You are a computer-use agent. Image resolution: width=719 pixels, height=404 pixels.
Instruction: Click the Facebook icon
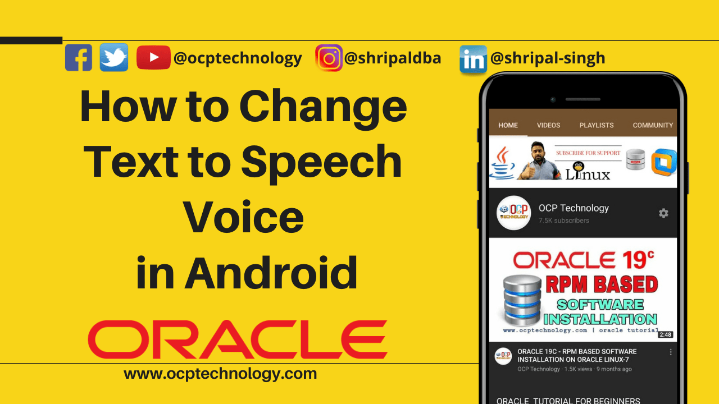click(79, 57)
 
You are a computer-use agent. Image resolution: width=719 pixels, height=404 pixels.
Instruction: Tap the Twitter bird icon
click(114, 57)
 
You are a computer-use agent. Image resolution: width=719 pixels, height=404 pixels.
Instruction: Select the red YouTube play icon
click(153, 57)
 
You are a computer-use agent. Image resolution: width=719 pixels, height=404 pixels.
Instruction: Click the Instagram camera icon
click(329, 58)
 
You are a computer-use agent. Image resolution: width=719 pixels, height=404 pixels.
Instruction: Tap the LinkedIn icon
click(473, 59)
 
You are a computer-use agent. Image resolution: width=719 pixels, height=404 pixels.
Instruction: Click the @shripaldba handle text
click(393, 58)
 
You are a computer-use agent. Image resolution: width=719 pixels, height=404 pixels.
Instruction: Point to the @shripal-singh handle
click(548, 58)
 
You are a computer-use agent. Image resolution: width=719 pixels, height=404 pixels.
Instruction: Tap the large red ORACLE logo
click(238, 339)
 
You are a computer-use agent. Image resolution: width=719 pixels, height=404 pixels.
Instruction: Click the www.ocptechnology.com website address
click(220, 373)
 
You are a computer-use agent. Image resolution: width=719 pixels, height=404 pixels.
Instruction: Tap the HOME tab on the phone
click(508, 125)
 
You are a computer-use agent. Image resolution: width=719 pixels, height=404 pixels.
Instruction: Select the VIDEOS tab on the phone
click(548, 125)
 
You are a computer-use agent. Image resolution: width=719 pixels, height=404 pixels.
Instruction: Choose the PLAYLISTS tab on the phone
click(597, 125)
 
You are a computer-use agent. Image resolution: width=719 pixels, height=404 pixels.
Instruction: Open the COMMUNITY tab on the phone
click(653, 125)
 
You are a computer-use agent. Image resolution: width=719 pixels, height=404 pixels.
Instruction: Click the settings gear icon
click(663, 213)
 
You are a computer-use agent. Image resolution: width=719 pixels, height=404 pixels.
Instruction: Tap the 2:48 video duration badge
click(666, 334)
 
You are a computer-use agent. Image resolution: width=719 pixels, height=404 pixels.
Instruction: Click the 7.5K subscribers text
click(564, 221)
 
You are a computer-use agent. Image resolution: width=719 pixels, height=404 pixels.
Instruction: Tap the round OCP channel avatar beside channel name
click(513, 213)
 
